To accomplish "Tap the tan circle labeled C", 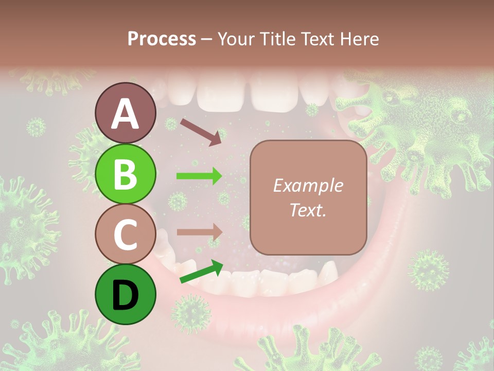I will point(125,234).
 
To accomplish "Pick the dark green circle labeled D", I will point(125,294).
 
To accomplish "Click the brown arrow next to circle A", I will point(201,131).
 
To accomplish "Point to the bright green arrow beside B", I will point(199,176).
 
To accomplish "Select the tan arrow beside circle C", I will point(199,232).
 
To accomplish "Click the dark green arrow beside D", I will point(201,272).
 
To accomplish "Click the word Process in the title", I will point(162,39).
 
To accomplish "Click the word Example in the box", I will point(308,185).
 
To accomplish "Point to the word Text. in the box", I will point(308,210).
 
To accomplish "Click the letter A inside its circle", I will point(125,114).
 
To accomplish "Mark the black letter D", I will point(125,295).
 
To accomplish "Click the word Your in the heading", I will point(236,39).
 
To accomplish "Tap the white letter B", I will point(125,174).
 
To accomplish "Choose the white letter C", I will point(125,234).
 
